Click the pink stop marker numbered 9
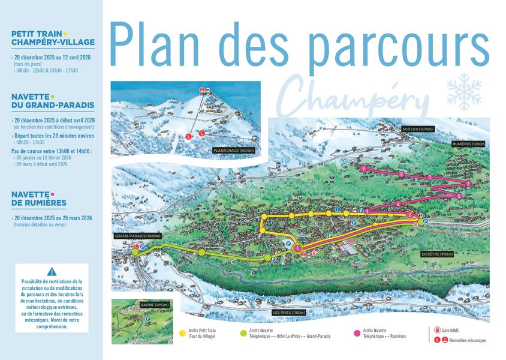(364, 169)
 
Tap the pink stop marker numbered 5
(459, 196)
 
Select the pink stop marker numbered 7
(430, 178)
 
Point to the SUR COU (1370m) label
(417, 129)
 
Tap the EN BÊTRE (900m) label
(436, 254)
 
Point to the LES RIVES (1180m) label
(289, 313)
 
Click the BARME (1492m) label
(155, 305)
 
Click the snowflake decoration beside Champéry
(463, 92)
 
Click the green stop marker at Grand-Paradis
(135, 252)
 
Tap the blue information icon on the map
(338, 209)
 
